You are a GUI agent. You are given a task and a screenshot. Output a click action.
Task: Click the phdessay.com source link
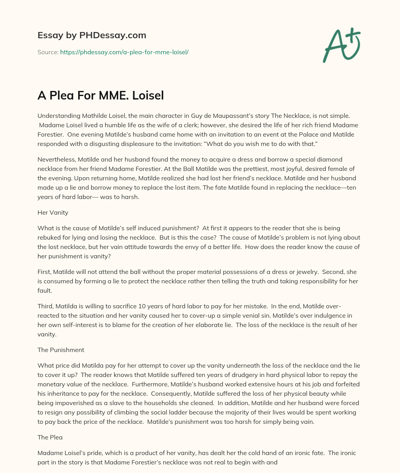(124, 52)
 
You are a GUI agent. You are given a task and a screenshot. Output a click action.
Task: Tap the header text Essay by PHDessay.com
(92, 36)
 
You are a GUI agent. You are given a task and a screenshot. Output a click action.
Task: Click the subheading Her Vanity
(53, 213)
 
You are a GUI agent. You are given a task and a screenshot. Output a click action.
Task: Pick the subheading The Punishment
(61, 350)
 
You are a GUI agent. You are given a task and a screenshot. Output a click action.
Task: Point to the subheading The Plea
(50, 437)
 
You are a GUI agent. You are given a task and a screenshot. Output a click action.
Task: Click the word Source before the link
(47, 52)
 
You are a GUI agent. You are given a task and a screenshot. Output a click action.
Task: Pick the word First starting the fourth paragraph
(44, 272)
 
